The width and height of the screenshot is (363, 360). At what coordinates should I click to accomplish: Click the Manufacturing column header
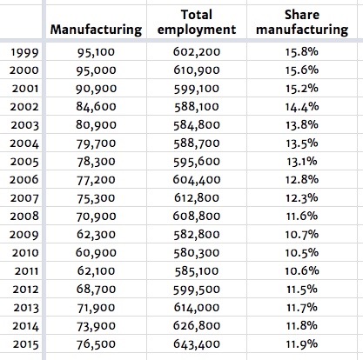coord(96,30)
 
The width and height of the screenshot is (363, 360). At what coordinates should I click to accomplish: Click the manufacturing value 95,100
coord(96,54)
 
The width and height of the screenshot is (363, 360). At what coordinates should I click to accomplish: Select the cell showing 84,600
coord(96,108)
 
